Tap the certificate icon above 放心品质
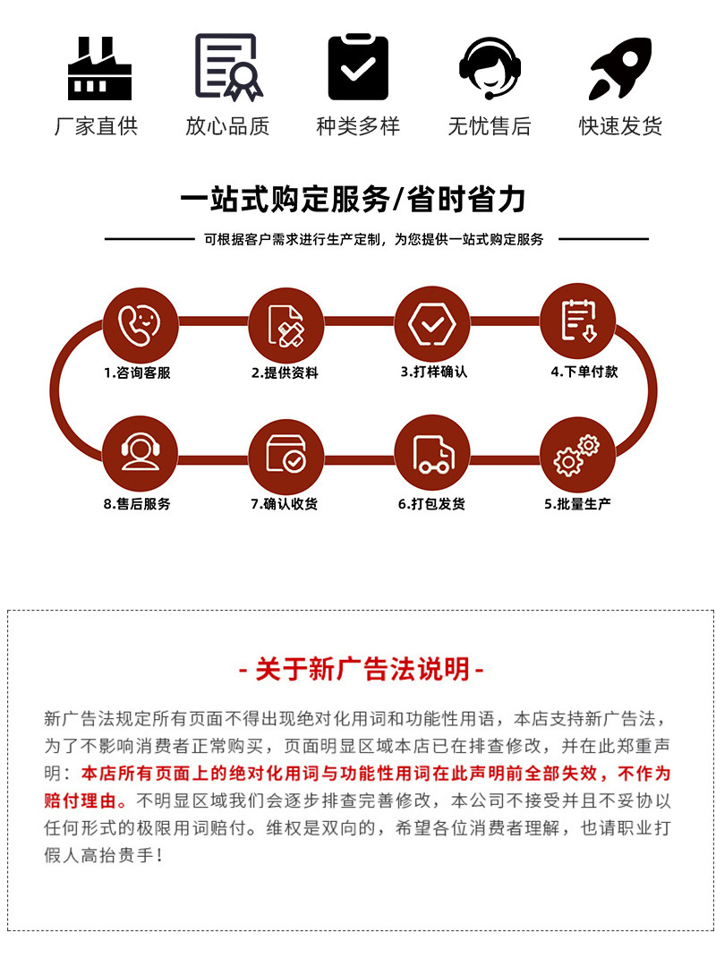pos(229,67)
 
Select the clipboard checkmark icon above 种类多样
pos(358,67)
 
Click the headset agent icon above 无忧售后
pos(490,67)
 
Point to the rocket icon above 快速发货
pos(620,68)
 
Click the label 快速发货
pos(620,126)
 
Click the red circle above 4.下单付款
pos(578,321)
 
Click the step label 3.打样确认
pos(433,372)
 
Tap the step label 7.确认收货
pos(285,504)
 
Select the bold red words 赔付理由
pos(77,800)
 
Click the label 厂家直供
pos(97,126)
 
